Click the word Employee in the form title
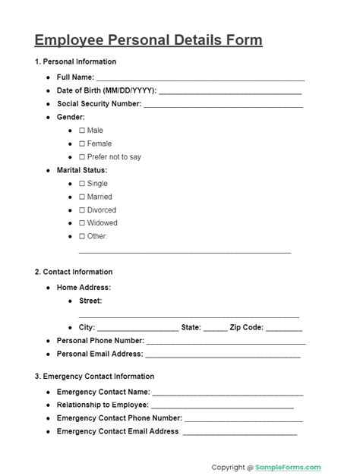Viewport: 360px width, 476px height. point(70,40)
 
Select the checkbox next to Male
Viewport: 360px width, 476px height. point(82,131)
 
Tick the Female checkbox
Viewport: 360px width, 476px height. point(82,143)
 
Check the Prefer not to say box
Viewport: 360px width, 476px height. point(82,157)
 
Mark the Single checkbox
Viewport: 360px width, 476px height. point(82,184)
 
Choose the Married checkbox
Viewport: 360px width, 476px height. point(82,197)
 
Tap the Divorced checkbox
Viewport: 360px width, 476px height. point(82,210)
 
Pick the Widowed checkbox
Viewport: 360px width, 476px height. point(82,223)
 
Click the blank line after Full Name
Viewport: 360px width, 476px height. point(201,79)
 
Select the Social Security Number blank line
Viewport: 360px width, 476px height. point(223,106)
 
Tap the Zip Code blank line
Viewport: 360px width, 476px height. point(284,329)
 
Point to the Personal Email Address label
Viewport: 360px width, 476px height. point(99,354)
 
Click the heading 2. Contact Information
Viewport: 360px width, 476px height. point(74,272)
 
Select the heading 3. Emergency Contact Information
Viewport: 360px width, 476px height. point(94,377)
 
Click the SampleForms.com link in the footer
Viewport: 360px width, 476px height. point(288,468)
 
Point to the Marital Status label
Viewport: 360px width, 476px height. point(82,170)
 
